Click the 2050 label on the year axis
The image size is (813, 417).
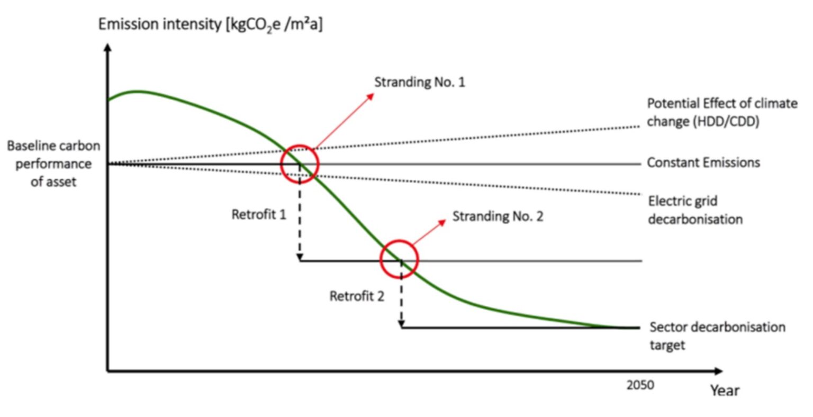pos(640,385)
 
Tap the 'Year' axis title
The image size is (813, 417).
pos(725,391)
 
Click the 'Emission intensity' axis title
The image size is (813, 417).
pos(210,25)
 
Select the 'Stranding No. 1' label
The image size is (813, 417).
pos(420,82)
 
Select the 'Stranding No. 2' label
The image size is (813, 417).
pos(498,216)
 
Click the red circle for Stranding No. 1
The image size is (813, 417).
pos(300,164)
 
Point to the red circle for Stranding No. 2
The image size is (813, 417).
pos(400,259)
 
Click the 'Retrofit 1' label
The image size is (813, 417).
pos(259,214)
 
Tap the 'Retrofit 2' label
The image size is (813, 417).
pos(357,296)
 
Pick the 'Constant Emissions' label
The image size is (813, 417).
pos(703,162)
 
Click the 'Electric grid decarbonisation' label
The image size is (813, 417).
pos(695,210)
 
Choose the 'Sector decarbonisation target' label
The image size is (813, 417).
pos(717,336)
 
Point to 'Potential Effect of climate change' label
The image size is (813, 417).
pos(722,112)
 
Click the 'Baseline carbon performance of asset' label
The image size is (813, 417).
pos(53,164)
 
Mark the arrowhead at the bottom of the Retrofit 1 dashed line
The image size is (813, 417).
pos(300,257)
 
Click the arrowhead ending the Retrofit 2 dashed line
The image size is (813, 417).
pos(401,323)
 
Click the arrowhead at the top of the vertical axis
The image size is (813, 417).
pos(108,48)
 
